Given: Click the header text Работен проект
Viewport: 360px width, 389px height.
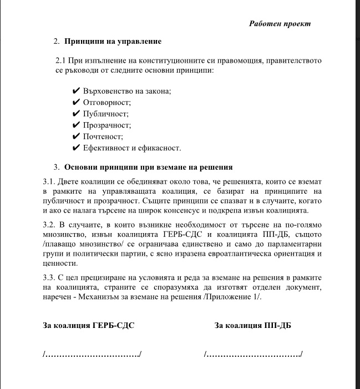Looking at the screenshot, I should point(280,24).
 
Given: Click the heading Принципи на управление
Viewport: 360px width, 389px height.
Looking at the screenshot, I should point(113,42).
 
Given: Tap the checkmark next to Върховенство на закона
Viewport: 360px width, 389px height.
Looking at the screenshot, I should point(77,91).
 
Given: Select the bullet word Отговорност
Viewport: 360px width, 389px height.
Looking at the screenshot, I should point(107,103).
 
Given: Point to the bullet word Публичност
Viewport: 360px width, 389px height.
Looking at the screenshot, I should point(105,114).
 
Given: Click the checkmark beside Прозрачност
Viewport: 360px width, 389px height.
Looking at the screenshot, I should point(77,125).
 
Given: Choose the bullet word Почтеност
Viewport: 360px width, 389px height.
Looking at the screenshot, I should point(103,137).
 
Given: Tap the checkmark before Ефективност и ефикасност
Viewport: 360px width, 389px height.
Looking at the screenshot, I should point(77,148).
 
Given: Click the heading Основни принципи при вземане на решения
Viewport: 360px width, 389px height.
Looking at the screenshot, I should point(148,167).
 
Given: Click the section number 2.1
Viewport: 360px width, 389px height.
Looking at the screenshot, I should point(60,60).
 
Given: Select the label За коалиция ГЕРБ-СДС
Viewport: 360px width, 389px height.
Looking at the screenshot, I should point(89,326).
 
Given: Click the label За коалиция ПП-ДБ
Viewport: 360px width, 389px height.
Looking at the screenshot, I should point(253,326).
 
